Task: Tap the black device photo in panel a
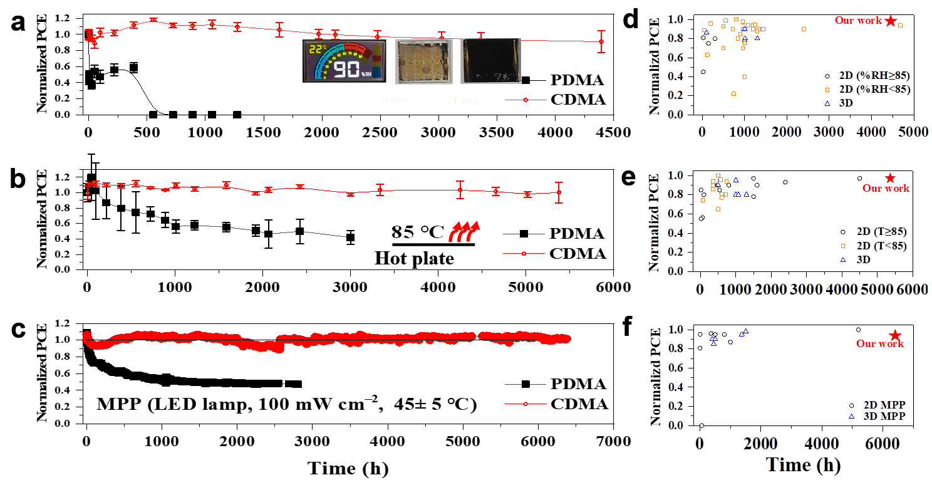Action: point(490,61)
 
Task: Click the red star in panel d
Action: point(891,21)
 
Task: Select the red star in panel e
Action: point(889,179)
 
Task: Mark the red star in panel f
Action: point(895,336)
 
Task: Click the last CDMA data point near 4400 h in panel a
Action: point(601,42)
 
